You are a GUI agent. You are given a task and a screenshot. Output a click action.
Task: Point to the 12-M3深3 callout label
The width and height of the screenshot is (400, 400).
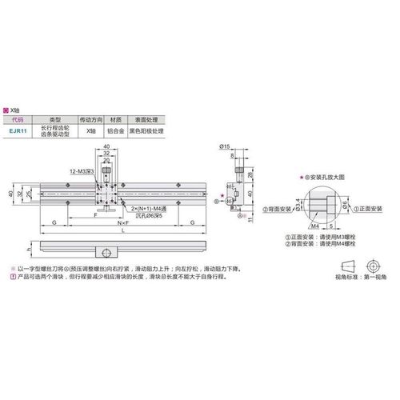[83, 171]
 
